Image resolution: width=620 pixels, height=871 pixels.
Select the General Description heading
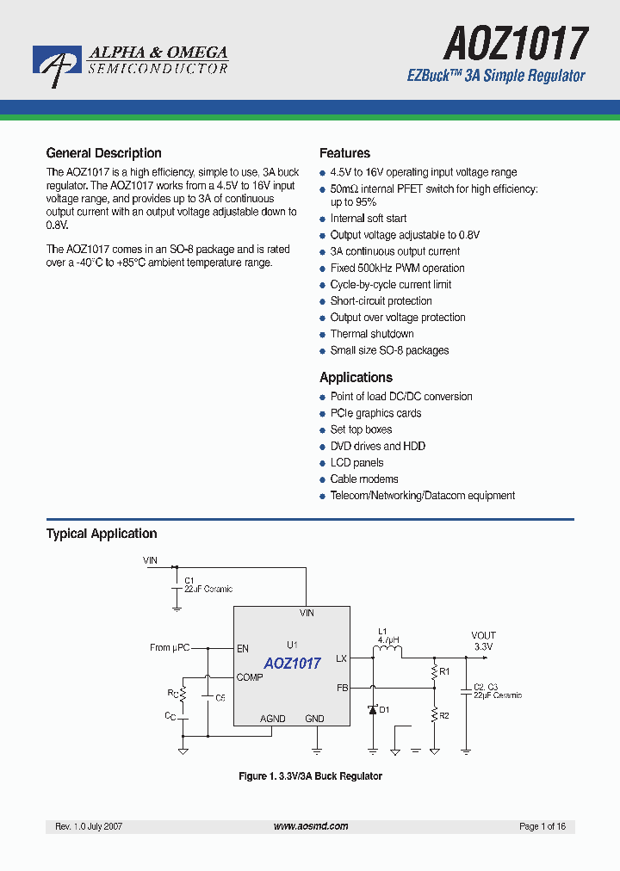click(103, 153)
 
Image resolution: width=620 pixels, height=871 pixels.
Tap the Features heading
click(344, 153)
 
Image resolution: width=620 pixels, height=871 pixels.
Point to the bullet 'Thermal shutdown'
click(372, 334)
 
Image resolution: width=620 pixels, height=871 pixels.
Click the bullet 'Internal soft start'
click(369, 219)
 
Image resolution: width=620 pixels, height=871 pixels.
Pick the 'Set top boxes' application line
click(361, 429)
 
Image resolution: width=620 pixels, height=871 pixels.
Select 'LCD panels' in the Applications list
click(356, 463)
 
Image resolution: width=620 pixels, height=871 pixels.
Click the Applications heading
click(356, 378)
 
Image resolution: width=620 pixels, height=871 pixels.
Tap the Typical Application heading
click(102, 534)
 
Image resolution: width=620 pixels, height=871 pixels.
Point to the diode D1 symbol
click(373, 710)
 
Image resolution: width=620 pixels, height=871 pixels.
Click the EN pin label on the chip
click(243, 648)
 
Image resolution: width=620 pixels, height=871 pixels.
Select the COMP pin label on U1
click(250, 677)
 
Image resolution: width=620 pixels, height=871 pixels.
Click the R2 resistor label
click(444, 715)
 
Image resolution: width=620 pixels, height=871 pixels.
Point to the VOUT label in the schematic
click(483, 635)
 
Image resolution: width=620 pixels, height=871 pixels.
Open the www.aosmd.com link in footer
click(311, 826)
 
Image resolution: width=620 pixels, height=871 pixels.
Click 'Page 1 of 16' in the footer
click(542, 826)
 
